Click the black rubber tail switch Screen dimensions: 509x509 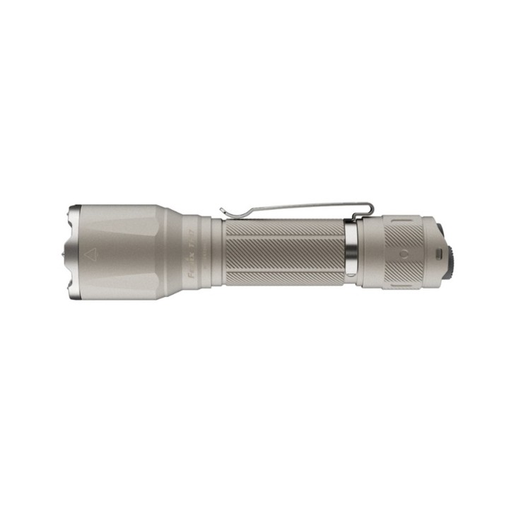pyautogui.click(x=448, y=252)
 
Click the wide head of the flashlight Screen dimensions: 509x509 pyautogui.click(x=120, y=252)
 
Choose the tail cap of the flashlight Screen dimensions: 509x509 pyautogui.click(x=396, y=252)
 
